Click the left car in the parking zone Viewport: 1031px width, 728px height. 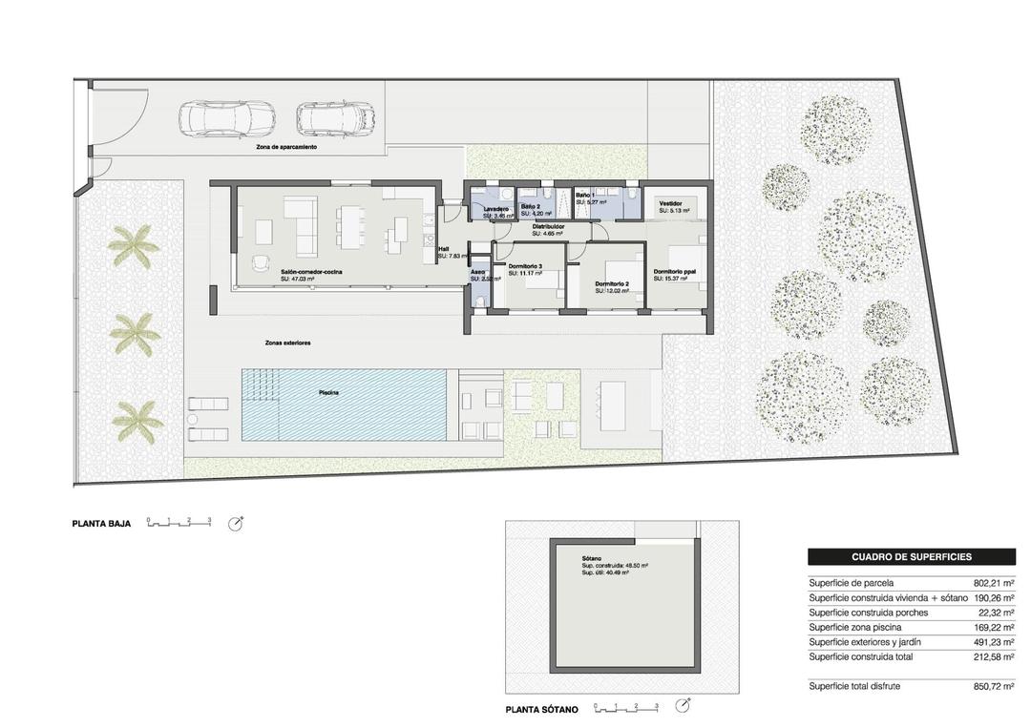pyautogui.click(x=226, y=119)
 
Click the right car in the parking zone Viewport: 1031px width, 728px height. pyautogui.click(x=335, y=119)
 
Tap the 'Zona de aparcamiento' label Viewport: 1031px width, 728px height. pyautogui.click(x=286, y=149)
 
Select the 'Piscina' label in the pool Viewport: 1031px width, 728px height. pyautogui.click(x=329, y=392)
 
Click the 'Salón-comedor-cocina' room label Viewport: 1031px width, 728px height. pyautogui.click(x=311, y=272)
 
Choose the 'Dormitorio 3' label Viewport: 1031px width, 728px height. pyautogui.click(x=525, y=266)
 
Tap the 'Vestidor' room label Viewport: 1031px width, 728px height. pyautogui.click(x=670, y=203)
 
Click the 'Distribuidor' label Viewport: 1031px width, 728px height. pyautogui.click(x=548, y=226)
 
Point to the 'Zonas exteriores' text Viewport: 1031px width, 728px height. pyautogui.click(x=288, y=343)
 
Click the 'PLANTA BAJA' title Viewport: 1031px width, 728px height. pyautogui.click(x=101, y=524)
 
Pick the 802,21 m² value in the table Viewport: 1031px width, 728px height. pyautogui.click(x=994, y=583)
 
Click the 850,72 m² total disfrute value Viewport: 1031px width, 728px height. pyautogui.click(x=994, y=686)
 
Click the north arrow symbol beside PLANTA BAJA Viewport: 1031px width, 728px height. pyautogui.click(x=236, y=523)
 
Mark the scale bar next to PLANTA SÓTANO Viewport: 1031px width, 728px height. pyautogui.click(x=626, y=708)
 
